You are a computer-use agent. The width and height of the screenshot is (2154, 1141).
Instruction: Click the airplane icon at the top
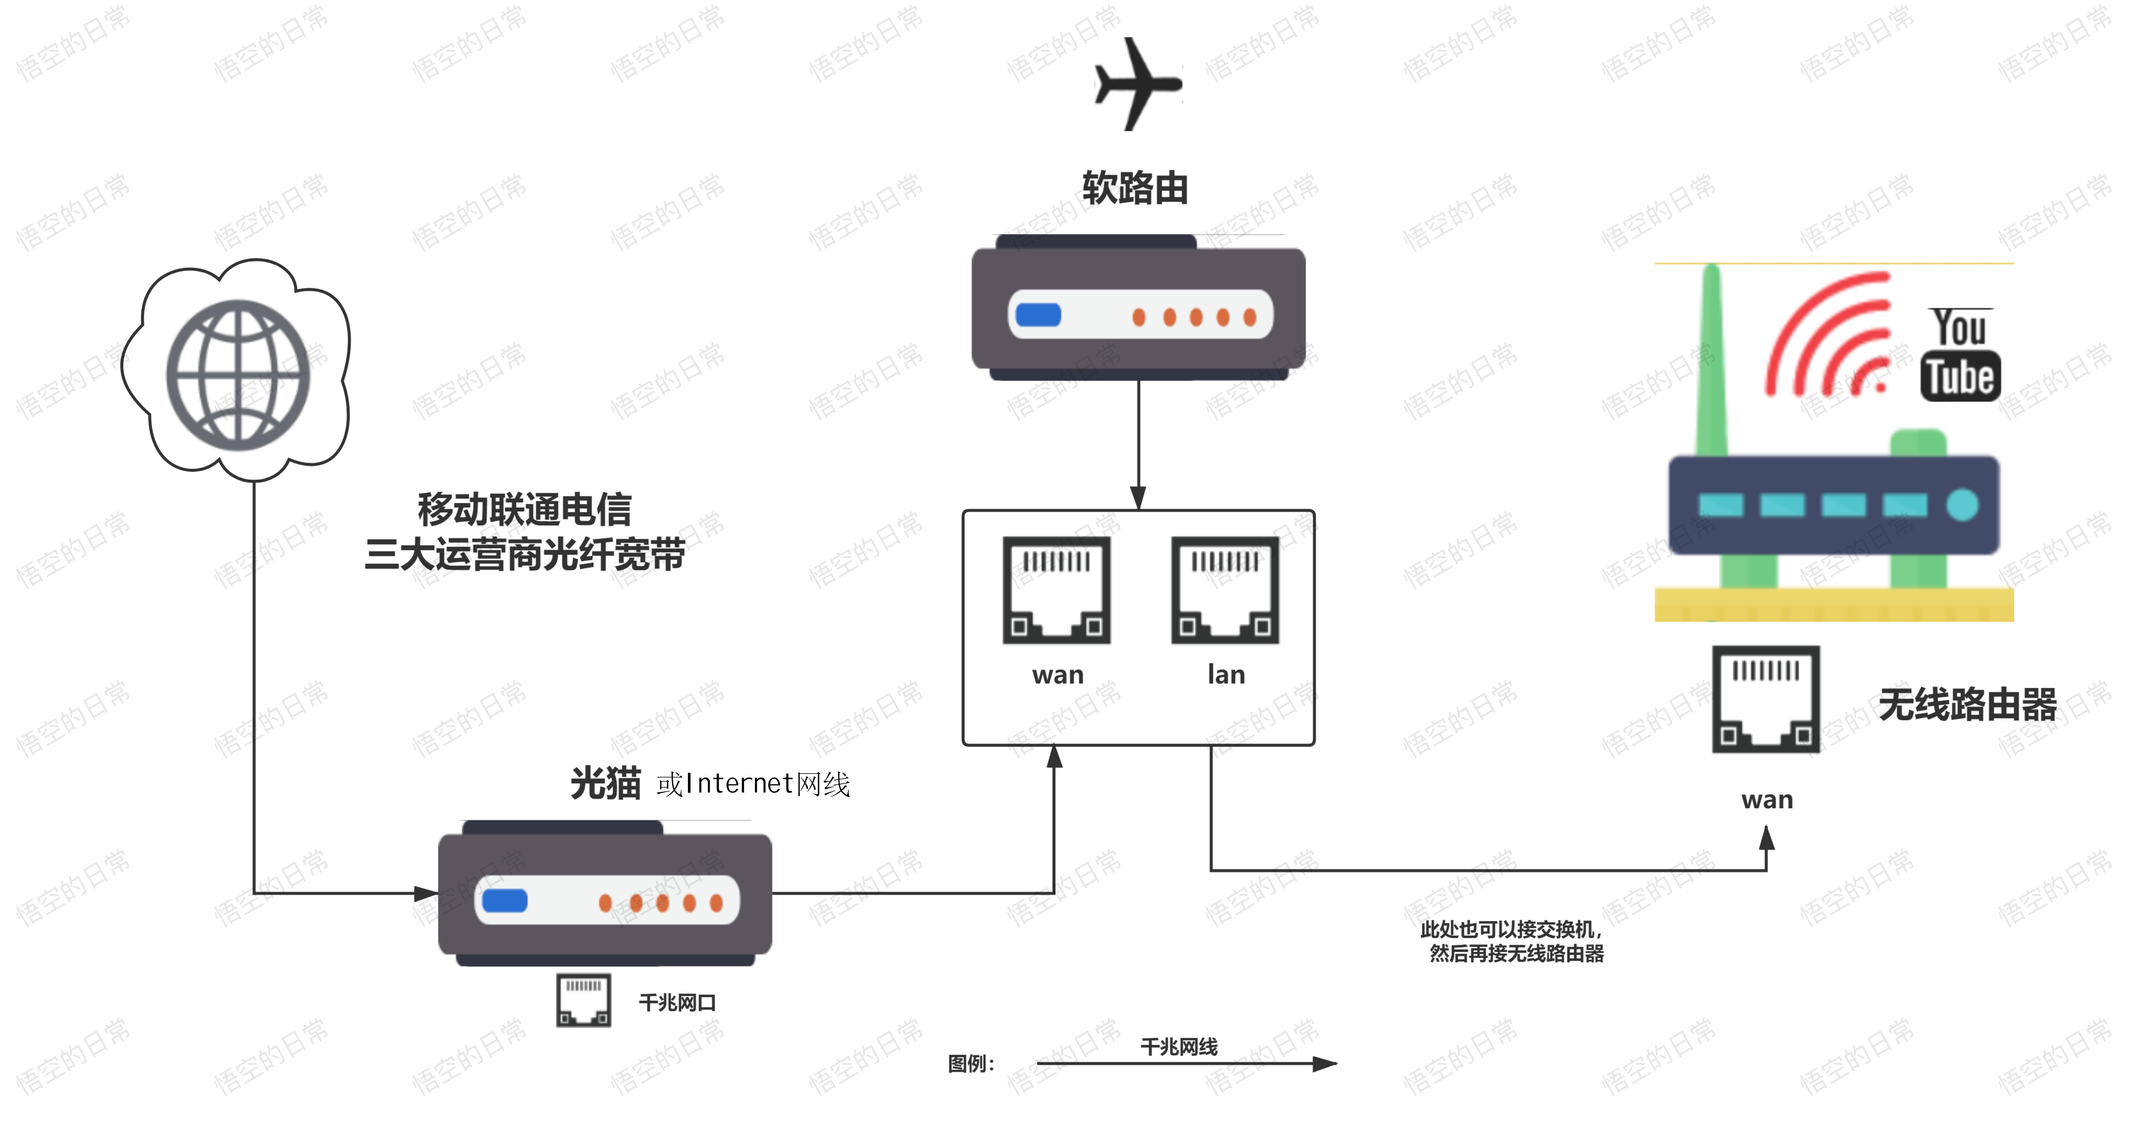tap(1137, 84)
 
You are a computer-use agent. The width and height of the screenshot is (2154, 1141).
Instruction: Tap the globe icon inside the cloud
tap(238, 375)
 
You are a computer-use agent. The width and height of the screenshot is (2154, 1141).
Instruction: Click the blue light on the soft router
tap(1038, 315)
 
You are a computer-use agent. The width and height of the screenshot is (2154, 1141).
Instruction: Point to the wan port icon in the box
tap(1057, 590)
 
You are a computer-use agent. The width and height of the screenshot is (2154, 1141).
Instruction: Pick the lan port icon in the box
tap(1225, 590)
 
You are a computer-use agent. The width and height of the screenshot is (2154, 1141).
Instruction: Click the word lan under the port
tap(1226, 674)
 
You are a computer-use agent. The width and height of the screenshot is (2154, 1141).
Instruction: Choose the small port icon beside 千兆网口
tap(584, 1001)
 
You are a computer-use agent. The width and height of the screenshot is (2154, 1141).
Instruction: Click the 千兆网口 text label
tap(677, 1002)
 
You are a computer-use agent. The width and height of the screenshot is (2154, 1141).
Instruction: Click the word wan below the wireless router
tap(1767, 800)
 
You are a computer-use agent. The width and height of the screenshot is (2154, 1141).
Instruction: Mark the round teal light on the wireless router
tap(1962, 505)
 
